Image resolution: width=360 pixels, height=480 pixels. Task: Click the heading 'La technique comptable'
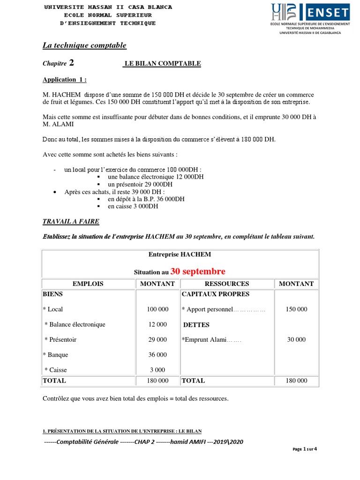84,45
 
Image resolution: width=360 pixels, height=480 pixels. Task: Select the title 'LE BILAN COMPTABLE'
162,64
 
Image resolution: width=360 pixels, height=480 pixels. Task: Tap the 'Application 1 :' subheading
64,80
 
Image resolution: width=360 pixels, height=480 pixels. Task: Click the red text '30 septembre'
197,271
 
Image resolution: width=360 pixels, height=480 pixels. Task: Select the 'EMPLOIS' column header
88,284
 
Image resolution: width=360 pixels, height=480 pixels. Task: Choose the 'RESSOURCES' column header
227,284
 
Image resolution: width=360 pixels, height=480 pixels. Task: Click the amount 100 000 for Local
157,309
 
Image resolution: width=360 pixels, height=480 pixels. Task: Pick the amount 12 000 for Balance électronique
157,324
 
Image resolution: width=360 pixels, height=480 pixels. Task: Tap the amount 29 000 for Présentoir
157,340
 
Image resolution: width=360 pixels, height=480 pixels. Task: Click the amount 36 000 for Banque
157,355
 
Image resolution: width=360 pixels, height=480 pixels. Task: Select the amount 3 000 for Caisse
157,370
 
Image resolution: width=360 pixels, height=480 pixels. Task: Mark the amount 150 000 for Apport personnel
296,309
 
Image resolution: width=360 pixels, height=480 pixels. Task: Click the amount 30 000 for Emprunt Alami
296,340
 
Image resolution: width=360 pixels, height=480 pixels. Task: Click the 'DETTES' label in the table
196,325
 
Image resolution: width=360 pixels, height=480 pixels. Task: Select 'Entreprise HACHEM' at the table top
180,255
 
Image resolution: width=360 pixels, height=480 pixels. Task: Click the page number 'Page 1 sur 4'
305,449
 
